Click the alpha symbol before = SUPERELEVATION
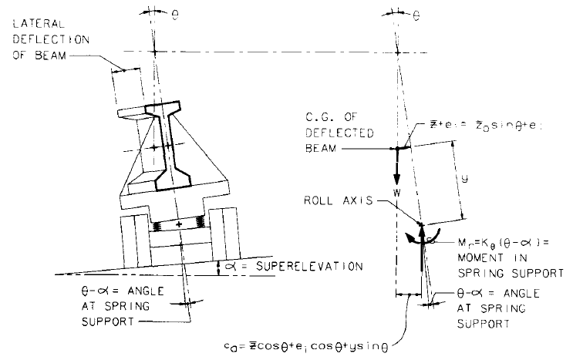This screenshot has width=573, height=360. pyautogui.click(x=226, y=266)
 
